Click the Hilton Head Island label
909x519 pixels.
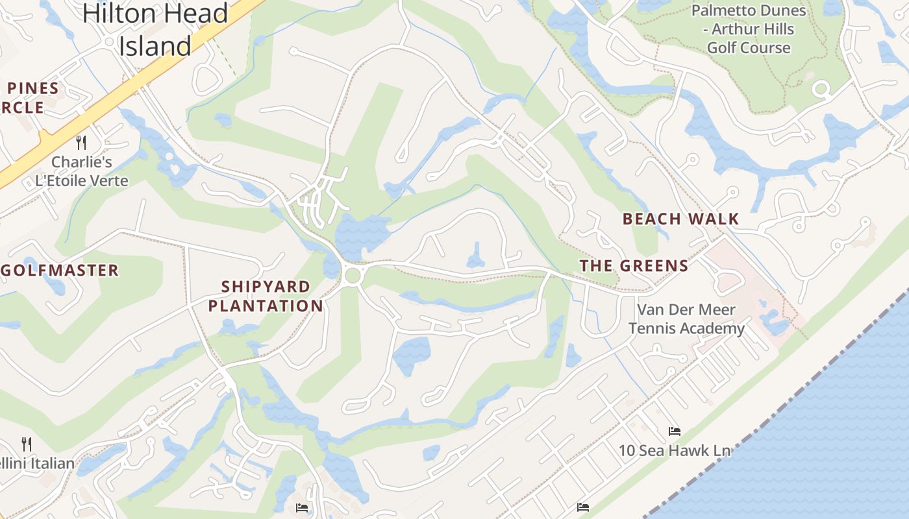pyautogui.click(x=156, y=29)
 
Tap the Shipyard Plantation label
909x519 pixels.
pyautogui.click(x=266, y=296)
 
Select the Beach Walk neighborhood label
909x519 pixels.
pyautogui.click(x=680, y=219)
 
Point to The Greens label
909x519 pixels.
pyautogui.click(x=634, y=265)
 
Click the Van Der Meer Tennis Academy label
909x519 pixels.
pyautogui.click(x=686, y=319)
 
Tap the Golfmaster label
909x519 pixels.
pyautogui.click(x=60, y=270)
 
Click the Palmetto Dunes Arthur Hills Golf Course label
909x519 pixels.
pyautogui.click(x=749, y=29)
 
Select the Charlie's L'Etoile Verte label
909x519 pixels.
pyautogui.click(x=82, y=171)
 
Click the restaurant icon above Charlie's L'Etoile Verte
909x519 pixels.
pyautogui.click(x=81, y=142)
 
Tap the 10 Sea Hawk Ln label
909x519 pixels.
pyautogui.click(x=674, y=450)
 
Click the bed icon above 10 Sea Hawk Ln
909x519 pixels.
pyautogui.click(x=675, y=431)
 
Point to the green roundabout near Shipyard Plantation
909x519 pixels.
pyautogui.click(x=353, y=276)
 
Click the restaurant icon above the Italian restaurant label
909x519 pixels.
pyautogui.click(x=27, y=444)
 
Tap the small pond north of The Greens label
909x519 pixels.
pyautogui.click(x=475, y=256)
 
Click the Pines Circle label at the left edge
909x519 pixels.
pyautogui.click(x=29, y=97)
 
